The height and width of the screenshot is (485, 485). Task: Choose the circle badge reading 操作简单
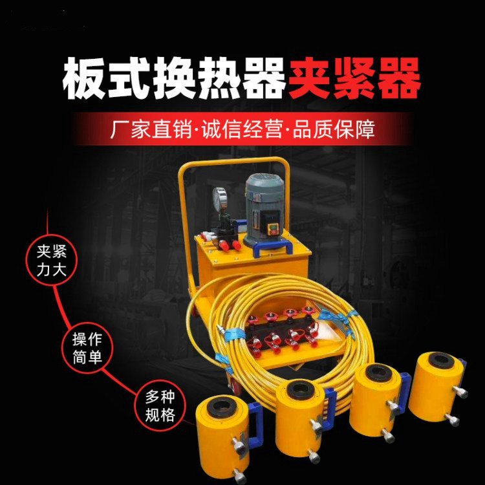(x=87, y=349)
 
